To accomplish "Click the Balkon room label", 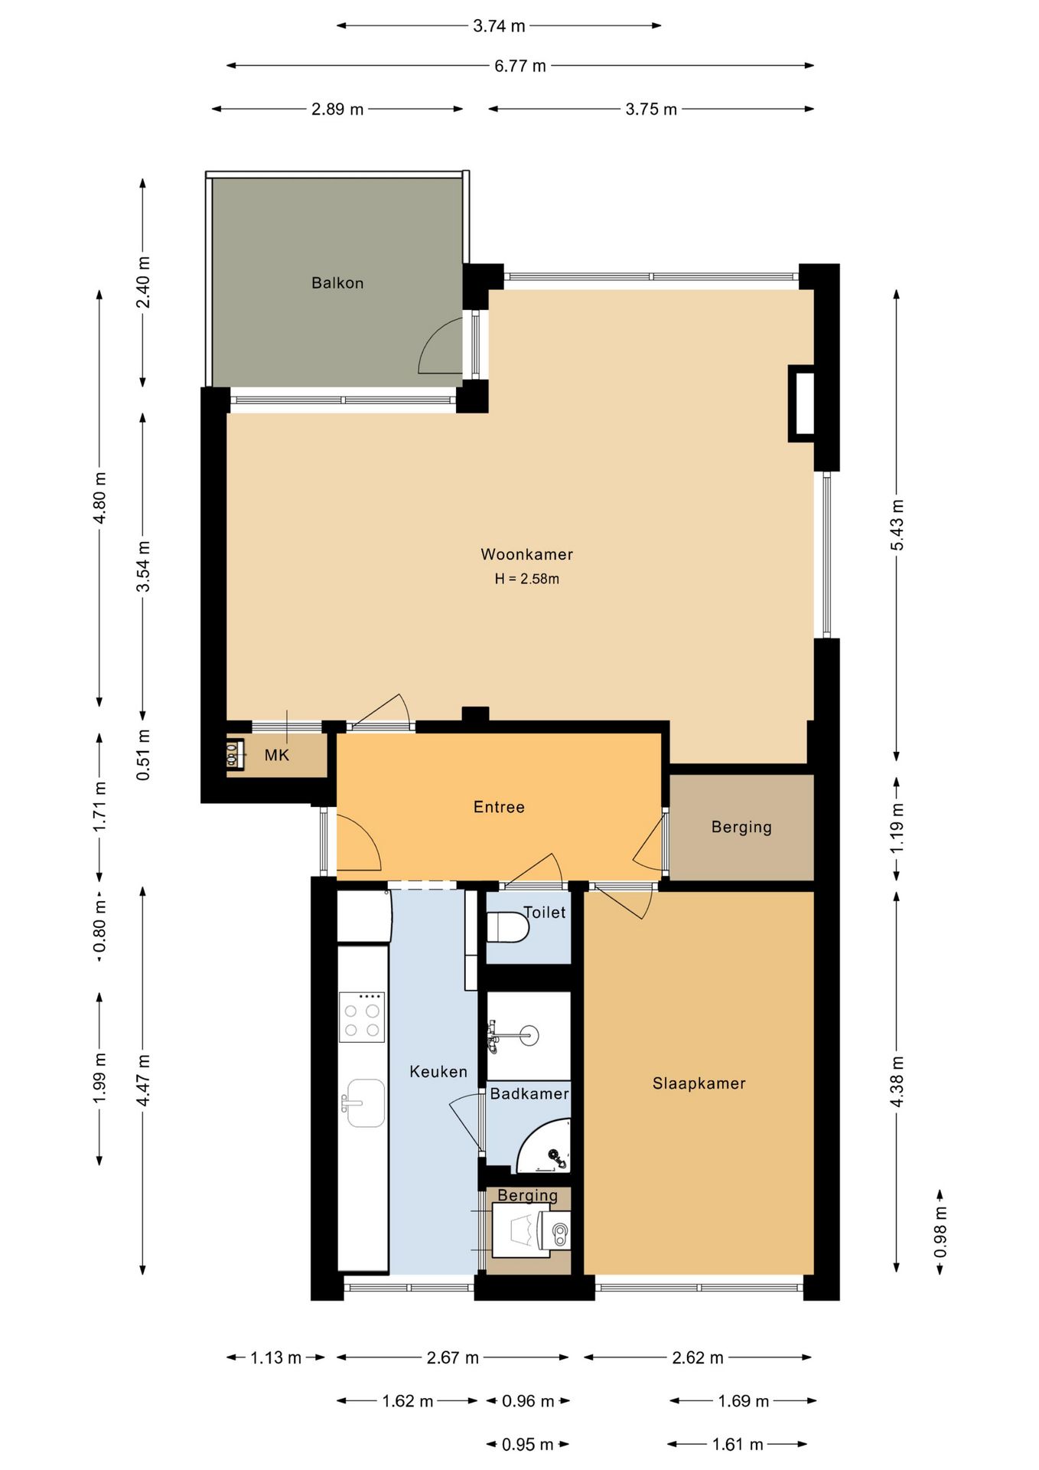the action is (337, 283).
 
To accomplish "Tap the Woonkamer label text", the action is (526, 554).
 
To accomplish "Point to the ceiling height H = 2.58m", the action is (526, 579).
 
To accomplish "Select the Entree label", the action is (499, 807).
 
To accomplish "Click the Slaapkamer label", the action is (699, 1083).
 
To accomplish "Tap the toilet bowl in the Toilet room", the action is (508, 928).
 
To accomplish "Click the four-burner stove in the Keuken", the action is (362, 1017).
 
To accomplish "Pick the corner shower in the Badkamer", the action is (544, 1146).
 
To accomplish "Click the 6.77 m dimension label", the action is (520, 66).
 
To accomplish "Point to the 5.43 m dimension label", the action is (897, 525).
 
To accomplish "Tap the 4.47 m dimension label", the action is (143, 1080).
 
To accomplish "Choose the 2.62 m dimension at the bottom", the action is (698, 1357).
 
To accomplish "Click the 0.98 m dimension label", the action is (940, 1232).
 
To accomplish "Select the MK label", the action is (277, 756).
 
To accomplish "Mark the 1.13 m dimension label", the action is (276, 1357).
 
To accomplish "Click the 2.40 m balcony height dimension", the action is (143, 283).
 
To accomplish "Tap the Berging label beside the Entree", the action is (741, 827).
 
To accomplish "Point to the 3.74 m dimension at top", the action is (499, 26).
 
